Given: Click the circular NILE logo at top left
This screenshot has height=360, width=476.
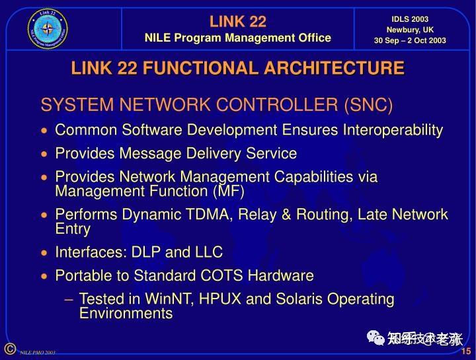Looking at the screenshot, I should tap(48, 28).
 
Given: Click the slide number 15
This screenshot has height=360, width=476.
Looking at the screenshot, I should tap(465, 351).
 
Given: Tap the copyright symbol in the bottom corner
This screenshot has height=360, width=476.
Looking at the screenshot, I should tap(9, 348).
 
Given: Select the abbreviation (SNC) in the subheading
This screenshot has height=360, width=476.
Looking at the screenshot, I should tap(368, 105).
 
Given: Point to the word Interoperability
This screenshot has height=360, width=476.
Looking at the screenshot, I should tap(392, 130).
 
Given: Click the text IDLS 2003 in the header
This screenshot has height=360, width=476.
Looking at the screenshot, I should tap(410, 19).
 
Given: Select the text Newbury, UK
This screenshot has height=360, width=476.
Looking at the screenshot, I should tap(410, 30).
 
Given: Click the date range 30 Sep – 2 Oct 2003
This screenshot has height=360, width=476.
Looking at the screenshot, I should tap(410, 40).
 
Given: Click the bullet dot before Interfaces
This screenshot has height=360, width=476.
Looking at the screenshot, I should tap(44, 253).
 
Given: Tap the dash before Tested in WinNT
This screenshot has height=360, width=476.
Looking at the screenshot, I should tap(69, 299).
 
